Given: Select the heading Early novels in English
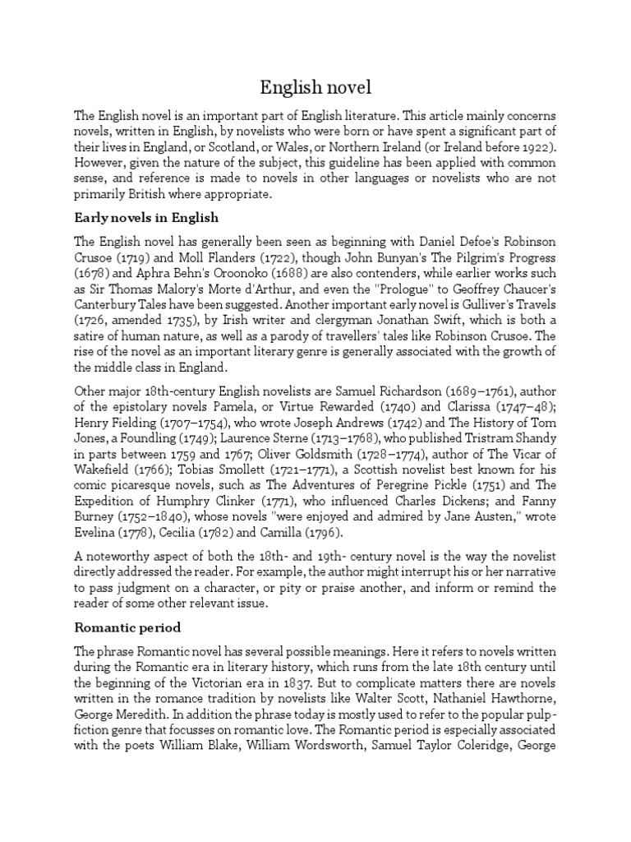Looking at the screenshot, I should (145, 219).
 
